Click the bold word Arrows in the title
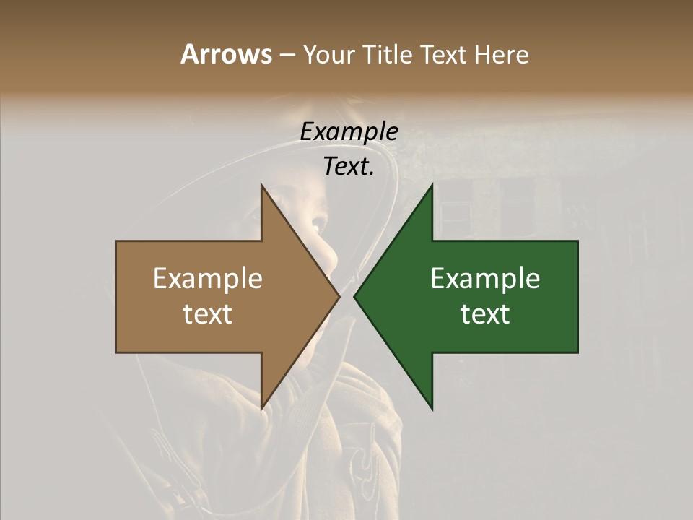point(226,54)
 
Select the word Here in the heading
point(501,54)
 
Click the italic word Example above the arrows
point(349,131)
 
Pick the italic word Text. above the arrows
point(349,166)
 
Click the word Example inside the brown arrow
point(207,279)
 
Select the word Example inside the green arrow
point(485,279)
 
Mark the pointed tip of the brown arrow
point(339,297)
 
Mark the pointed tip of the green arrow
point(354,297)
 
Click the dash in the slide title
point(286,56)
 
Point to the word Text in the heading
point(444,54)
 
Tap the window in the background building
point(456,209)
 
